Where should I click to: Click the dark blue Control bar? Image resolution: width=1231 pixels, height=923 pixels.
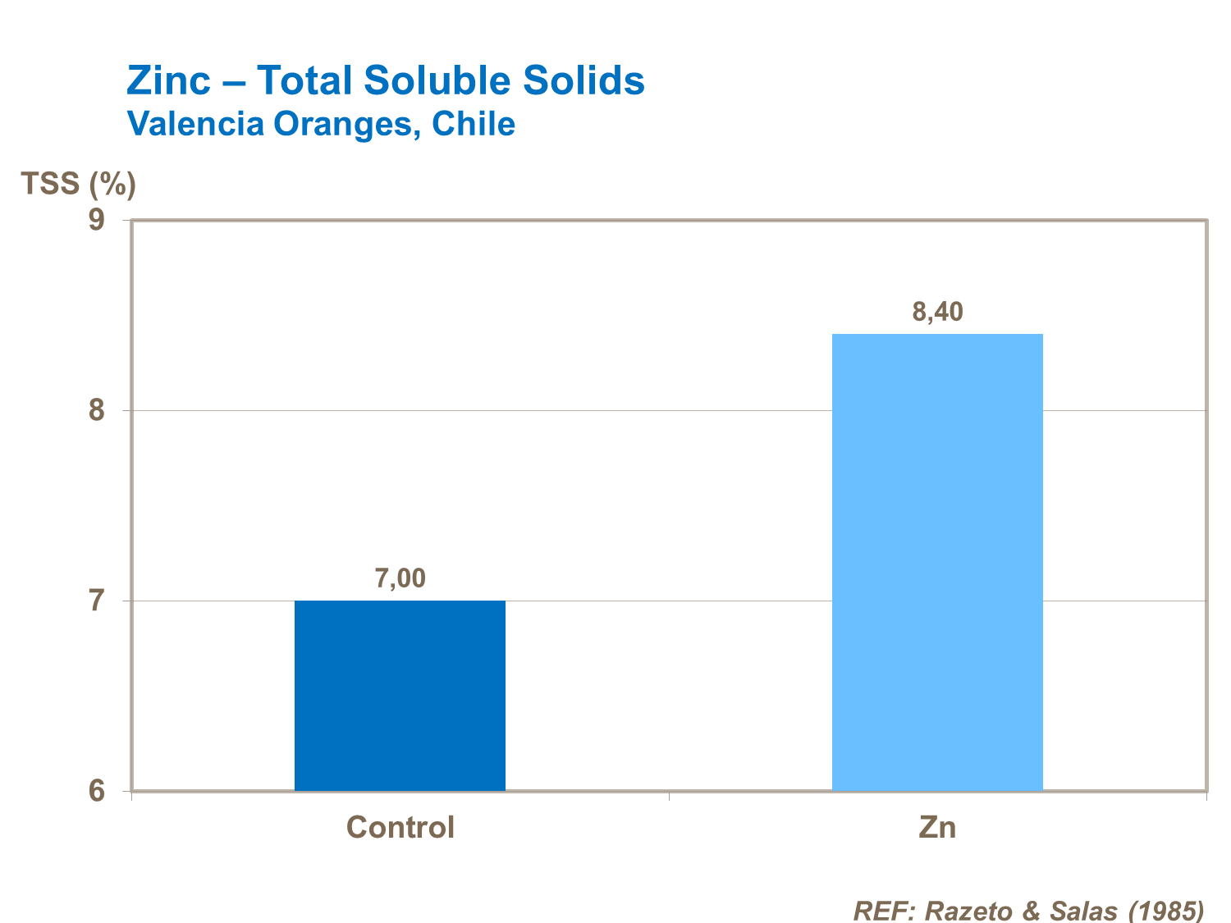(400, 696)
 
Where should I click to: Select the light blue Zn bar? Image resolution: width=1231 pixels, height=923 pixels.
(937, 562)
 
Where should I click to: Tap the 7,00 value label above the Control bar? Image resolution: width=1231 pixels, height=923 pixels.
(400, 578)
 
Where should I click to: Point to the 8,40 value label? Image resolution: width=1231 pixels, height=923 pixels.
(938, 312)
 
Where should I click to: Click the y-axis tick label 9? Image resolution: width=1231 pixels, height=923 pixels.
(98, 220)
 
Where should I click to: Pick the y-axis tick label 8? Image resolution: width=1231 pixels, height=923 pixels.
(98, 410)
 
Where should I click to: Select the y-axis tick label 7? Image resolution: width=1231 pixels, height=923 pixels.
(98, 601)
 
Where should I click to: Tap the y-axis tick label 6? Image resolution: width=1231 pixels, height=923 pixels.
(98, 791)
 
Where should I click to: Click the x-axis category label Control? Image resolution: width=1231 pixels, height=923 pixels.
(400, 827)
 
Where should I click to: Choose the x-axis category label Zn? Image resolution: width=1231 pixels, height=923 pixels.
(938, 827)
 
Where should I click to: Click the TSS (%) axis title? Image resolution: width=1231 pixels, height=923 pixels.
(78, 184)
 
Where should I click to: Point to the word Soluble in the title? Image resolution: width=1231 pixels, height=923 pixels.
(446, 80)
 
